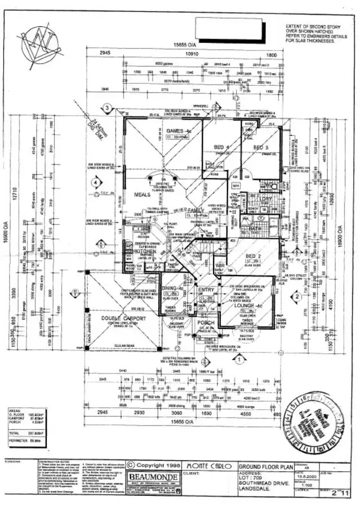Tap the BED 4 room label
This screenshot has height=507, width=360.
point(220,148)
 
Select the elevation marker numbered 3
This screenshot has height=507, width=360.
point(106,108)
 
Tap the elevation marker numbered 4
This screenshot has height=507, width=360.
point(96,183)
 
